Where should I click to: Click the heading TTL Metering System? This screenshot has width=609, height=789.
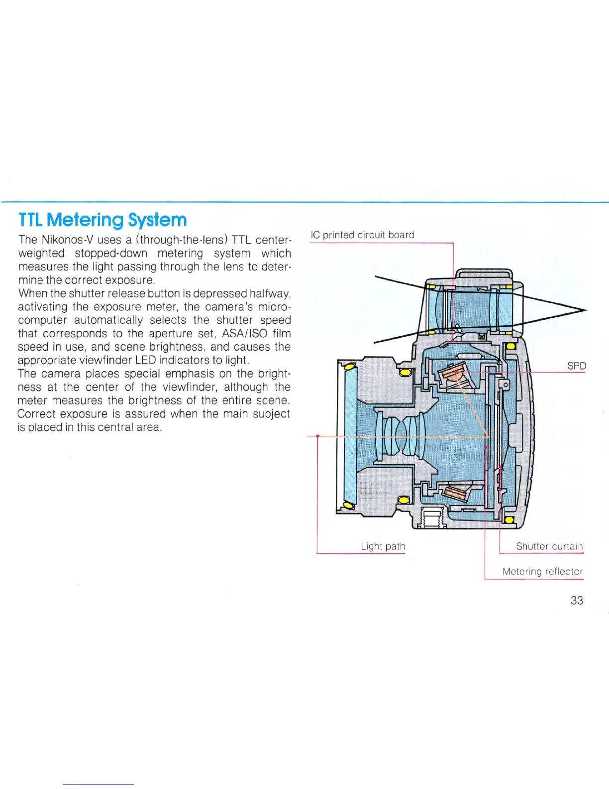click(x=102, y=220)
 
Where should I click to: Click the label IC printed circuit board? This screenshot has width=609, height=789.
click(x=362, y=235)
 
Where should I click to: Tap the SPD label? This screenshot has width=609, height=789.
click(x=577, y=366)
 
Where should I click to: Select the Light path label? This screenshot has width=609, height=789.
click(x=383, y=546)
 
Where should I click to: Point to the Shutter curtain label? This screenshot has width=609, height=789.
click(x=549, y=546)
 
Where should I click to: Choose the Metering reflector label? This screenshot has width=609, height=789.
click(x=542, y=571)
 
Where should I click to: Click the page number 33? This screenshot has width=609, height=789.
click(x=577, y=600)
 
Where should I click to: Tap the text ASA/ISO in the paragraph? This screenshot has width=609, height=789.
click(x=244, y=334)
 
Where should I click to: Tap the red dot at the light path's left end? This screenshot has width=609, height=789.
click(x=317, y=436)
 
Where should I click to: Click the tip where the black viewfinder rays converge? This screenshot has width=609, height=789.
click(x=587, y=310)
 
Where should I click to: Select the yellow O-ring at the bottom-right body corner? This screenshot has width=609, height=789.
click(x=509, y=520)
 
